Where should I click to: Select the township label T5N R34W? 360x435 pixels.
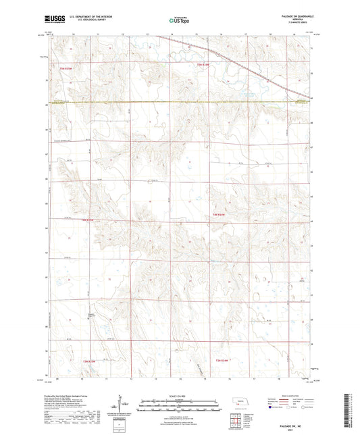coord(213,65)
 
